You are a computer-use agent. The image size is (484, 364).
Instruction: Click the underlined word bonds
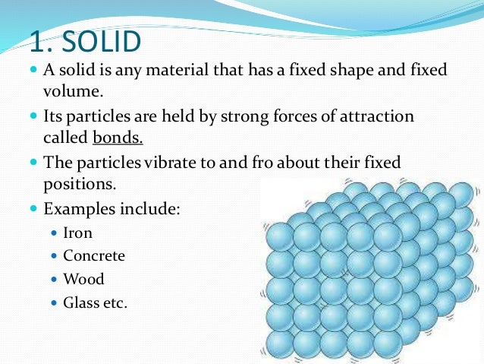click(x=118, y=138)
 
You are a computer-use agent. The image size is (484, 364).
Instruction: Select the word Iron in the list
click(x=77, y=233)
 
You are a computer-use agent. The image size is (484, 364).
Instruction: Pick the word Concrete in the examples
click(x=94, y=256)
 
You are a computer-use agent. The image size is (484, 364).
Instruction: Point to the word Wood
click(x=83, y=279)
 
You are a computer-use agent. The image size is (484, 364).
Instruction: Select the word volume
click(x=71, y=93)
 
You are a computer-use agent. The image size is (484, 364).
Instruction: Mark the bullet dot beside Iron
click(x=53, y=233)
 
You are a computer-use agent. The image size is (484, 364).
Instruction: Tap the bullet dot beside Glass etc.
click(x=53, y=302)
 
